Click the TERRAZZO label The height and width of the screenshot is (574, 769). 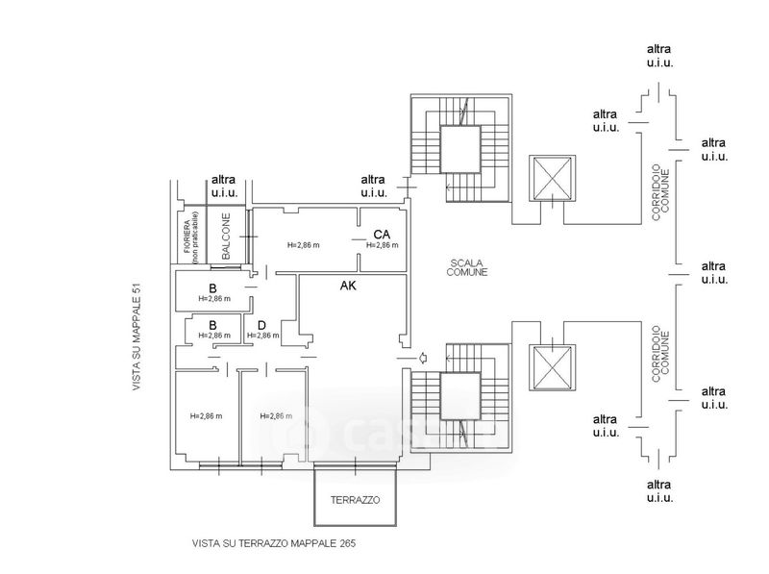[355, 501]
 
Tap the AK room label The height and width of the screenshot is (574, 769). [349, 286]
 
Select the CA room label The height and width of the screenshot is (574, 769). [382, 234]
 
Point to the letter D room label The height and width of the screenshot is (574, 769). [260, 324]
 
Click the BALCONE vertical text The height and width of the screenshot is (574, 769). [225, 237]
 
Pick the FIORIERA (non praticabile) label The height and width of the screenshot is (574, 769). [190, 237]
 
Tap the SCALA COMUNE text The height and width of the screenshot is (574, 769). [466, 267]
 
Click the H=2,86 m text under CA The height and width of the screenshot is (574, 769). [382, 245]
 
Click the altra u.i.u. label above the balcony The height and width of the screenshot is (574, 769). [224, 186]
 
